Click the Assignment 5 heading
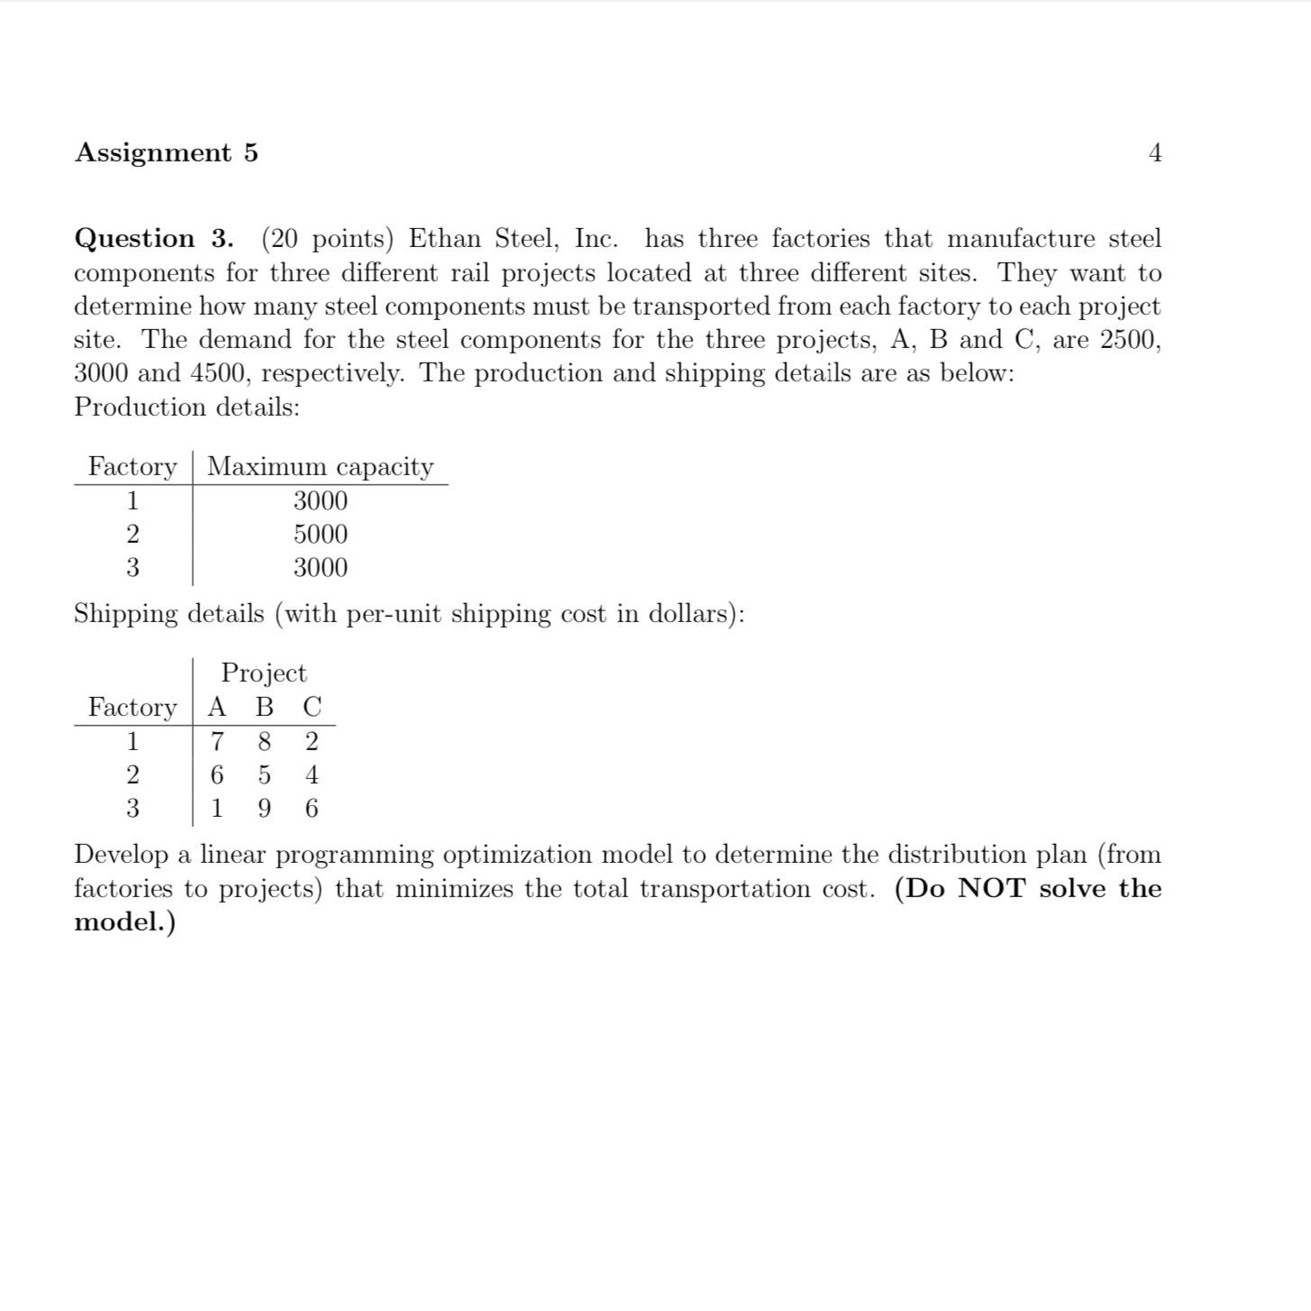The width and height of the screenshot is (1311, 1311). point(167,152)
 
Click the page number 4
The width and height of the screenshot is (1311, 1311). point(1155,153)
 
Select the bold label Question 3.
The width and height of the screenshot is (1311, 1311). point(153,239)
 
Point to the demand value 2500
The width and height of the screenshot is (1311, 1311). point(1131,340)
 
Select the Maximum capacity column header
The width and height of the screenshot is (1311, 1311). point(320,467)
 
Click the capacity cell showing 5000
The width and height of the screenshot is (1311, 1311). point(320,535)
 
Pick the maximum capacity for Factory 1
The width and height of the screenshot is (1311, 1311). point(320,501)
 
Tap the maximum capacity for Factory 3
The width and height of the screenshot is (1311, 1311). point(320,568)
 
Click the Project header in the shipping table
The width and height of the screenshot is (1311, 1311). point(263,674)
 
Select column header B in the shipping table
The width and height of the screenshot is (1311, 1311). point(264,707)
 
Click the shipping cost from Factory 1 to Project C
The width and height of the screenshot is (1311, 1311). point(312,742)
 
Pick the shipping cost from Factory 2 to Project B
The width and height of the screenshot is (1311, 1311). point(264,775)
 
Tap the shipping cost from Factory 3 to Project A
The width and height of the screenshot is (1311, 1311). point(216,809)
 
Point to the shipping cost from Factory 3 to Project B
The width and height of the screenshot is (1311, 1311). point(264,809)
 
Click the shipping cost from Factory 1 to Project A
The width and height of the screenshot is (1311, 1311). point(216,742)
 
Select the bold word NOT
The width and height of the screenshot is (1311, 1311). point(992,889)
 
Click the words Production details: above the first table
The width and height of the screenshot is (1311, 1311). point(187,408)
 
